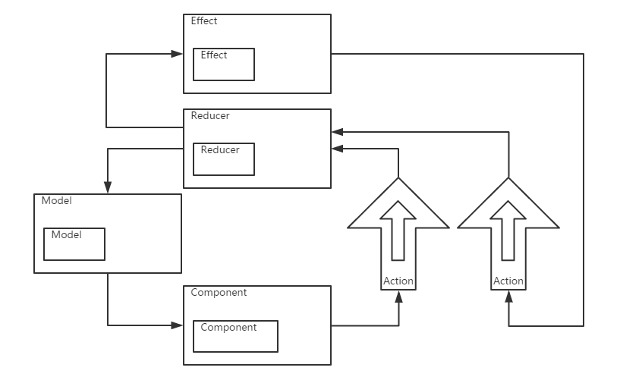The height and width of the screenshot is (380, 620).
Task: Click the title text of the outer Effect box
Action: tap(204, 21)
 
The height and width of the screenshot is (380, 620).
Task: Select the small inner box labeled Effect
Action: tap(224, 64)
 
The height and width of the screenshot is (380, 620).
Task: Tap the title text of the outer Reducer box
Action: tap(210, 117)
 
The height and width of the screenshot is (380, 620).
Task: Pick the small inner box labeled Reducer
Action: tap(224, 159)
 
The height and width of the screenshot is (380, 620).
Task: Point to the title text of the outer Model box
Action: tap(56, 201)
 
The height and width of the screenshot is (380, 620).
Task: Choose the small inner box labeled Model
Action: tap(74, 243)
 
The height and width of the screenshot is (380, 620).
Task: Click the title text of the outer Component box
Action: tap(219, 293)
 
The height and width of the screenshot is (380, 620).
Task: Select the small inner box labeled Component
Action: tap(235, 336)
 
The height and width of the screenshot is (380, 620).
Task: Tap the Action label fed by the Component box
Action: tap(398, 281)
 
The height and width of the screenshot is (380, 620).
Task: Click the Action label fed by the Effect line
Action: tap(508, 281)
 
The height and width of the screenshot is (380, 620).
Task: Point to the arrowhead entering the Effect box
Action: tap(178, 54)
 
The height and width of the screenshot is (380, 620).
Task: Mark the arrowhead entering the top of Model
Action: tap(108, 188)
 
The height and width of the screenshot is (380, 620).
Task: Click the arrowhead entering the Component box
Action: tap(178, 325)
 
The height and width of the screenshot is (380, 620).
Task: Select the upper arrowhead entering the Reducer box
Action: tap(337, 131)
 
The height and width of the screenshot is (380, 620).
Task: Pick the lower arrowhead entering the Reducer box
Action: tap(337, 149)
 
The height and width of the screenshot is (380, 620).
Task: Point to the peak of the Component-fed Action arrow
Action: tap(398, 179)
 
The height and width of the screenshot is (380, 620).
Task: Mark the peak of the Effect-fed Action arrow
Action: tap(508, 179)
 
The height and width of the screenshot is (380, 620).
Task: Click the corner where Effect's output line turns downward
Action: tap(584, 54)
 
